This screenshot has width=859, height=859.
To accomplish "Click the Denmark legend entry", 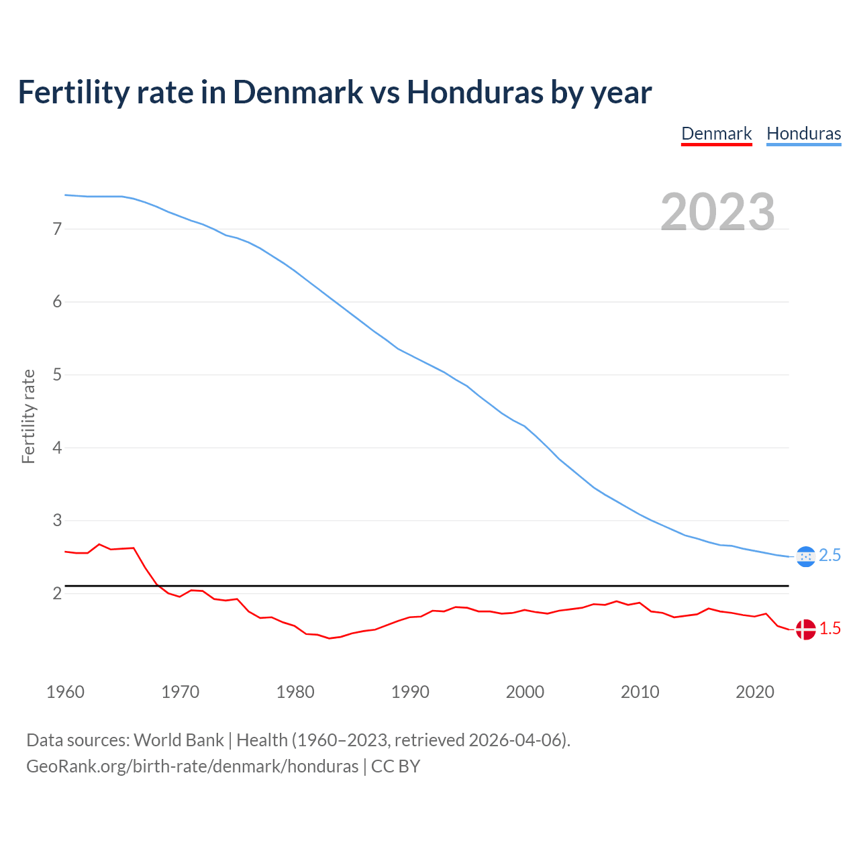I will [716, 134].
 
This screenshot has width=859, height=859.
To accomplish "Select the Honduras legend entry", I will [803, 134].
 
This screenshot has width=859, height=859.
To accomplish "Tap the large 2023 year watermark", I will [717, 212].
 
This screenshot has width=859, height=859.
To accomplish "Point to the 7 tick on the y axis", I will [57, 230].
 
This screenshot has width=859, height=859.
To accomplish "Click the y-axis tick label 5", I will [57, 375].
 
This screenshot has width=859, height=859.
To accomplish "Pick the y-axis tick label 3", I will [57, 521].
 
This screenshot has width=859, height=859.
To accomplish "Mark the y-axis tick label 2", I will [57, 594].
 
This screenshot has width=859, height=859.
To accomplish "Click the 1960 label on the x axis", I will [65, 692].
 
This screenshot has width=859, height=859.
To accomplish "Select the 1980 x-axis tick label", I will [295, 692].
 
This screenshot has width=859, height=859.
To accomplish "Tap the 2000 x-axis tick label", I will [525, 692].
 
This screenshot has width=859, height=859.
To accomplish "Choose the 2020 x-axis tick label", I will [755, 692].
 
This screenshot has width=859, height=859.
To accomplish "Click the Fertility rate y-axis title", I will [28, 416].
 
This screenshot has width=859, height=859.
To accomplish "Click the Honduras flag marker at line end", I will [805, 556].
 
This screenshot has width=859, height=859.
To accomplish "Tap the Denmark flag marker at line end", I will [805, 629].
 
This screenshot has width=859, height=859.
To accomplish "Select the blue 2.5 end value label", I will [830, 556].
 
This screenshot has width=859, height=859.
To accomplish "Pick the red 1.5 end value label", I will [830, 629].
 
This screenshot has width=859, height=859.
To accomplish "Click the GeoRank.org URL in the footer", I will [192, 766].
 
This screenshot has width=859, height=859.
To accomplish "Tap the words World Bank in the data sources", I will [179, 740].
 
